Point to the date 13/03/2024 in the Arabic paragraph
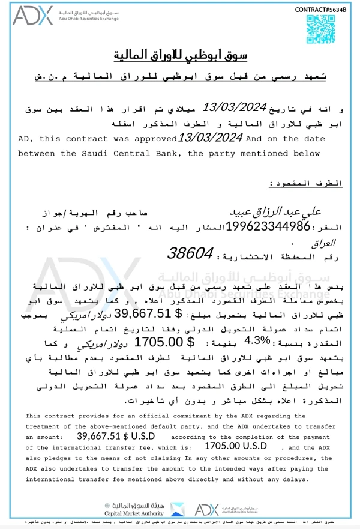coord(233,107)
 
